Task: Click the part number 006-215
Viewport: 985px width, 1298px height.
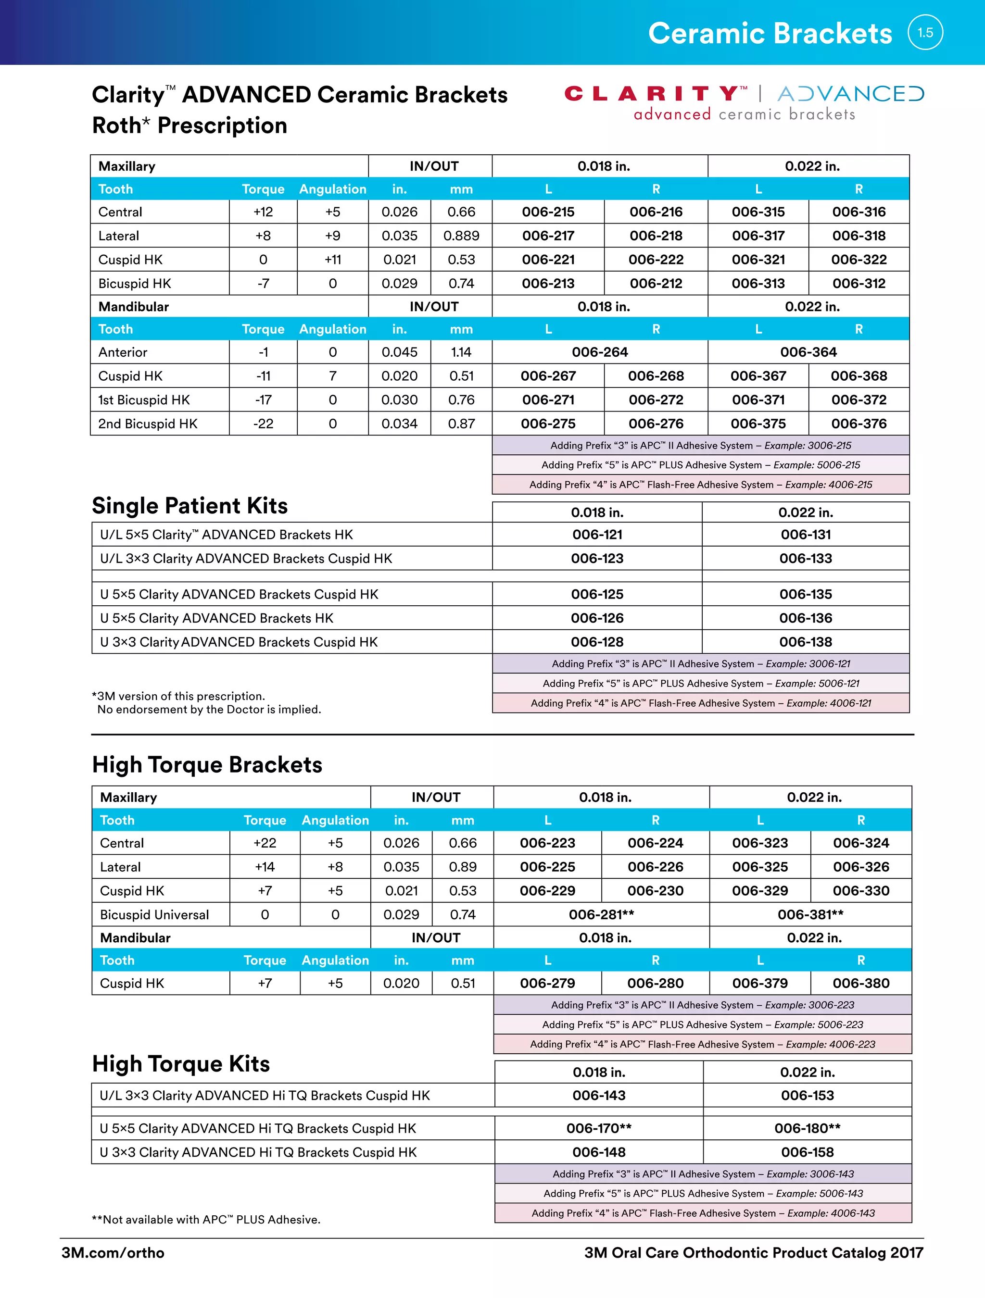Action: click(x=548, y=212)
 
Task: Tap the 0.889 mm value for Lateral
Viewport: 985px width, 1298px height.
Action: click(x=461, y=236)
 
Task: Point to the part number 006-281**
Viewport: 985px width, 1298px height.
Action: click(x=601, y=914)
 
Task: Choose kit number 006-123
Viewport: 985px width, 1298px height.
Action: click(x=596, y=558)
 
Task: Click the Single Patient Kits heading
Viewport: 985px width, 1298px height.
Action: click(x=189, y=506)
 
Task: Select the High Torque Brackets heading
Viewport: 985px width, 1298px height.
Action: click(x=207, y=764)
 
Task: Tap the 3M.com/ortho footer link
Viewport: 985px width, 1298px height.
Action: click(x=113, y=1252)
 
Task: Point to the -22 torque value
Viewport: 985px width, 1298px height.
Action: click(x=263, y=424)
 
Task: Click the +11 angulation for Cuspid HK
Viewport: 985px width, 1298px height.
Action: click(x=332, y=260)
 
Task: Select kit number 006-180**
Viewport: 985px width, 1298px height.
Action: click(x=807, y=1128)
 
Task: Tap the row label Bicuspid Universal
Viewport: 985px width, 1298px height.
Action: click(x=154, y=914)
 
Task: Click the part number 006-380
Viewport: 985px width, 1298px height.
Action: click(x=860, y=983)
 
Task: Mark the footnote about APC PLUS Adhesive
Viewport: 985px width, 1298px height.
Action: click(x=205, y=1219)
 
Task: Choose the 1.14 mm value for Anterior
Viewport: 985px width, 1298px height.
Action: click(x=461, y=352)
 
